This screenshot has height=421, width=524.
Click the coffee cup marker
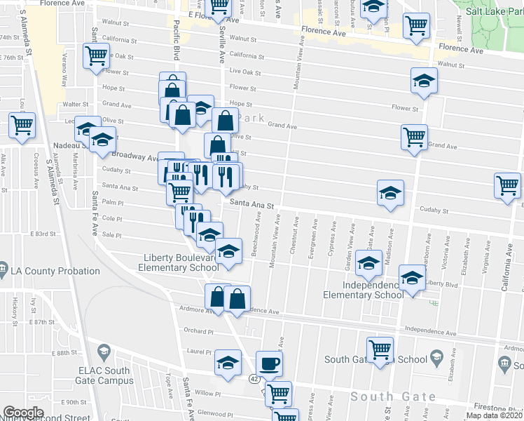[269, 363]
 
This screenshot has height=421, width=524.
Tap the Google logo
[23, 413]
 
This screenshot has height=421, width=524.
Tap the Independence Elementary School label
[363, 290]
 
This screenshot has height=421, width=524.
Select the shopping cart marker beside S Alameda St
[22, 126]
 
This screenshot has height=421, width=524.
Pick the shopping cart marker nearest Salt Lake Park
[416, 26]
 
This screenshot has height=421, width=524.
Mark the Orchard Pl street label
[197, 330]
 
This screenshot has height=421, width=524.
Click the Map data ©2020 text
[494, 415]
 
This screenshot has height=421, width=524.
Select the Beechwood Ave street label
[258, 237]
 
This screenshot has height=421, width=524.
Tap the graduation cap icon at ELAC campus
[104, 351]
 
